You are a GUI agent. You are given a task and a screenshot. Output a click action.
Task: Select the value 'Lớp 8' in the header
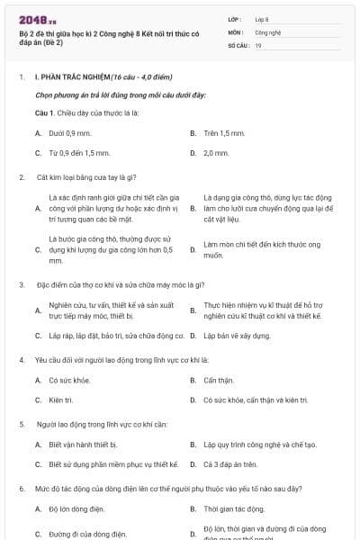coord(262,19)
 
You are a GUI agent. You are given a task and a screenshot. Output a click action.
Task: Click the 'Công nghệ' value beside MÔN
coord(268,31)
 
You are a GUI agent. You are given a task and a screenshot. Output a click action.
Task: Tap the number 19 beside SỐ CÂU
coord(258,44)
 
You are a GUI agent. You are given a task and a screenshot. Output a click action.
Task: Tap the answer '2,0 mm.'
coord(216,153)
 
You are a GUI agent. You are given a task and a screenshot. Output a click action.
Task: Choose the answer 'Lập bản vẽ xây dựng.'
coord(237,336)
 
